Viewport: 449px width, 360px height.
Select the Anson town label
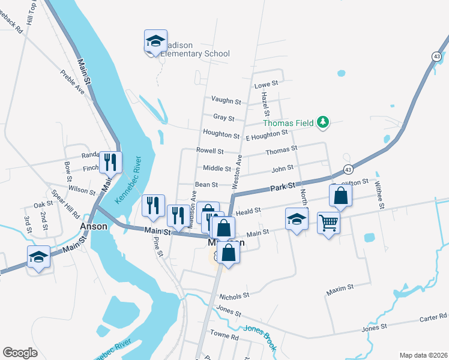94,227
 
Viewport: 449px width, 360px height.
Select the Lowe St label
267,85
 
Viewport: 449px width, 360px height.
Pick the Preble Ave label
72,82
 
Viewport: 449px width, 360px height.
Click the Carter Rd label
433,316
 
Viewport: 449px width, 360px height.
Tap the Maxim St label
340,291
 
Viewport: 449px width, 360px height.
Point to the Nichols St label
234,296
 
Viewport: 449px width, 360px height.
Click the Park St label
280,188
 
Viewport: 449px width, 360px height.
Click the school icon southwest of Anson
39,257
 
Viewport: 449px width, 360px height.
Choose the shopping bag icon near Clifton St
340,196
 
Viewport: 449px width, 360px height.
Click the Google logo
20,353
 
